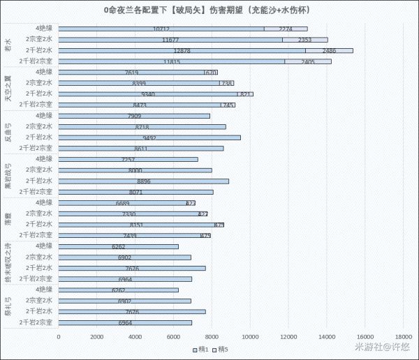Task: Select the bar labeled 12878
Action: (182, 50)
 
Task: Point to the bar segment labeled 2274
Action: (286, 29)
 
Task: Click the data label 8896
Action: (144, 181)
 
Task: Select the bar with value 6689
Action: (122, 203)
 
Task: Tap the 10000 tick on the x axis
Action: (251, 337)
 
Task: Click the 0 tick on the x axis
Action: (59, 337)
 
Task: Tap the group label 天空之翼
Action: (8, 89)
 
